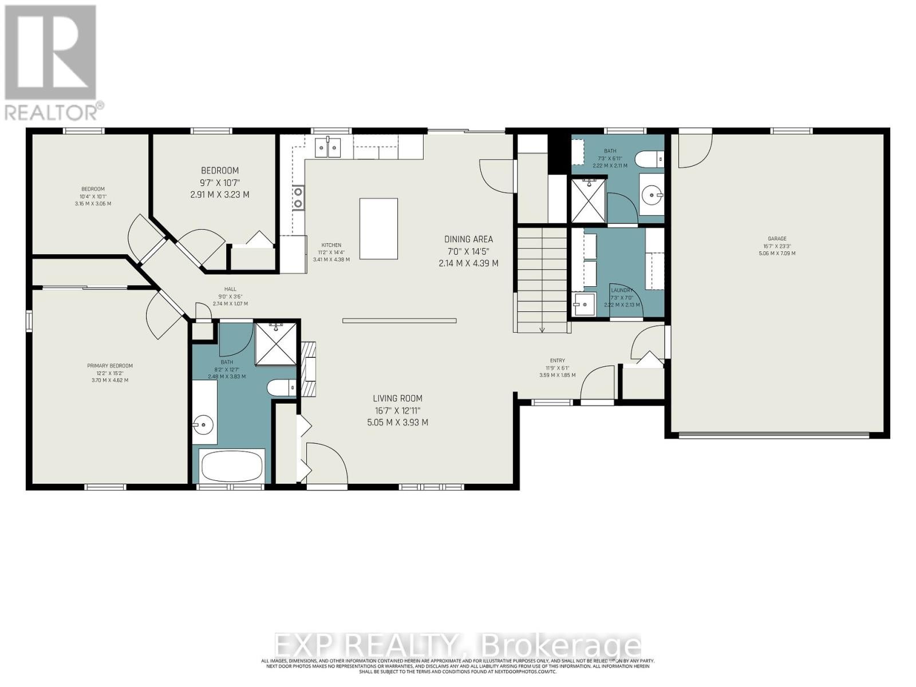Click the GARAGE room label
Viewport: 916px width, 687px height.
pos(777,239)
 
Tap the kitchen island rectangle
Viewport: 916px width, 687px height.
pos(378,228)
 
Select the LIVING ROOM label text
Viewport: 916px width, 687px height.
pos(397,398)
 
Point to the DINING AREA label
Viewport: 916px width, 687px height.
pos(468,239)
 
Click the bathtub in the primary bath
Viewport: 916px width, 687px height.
pos(232,466)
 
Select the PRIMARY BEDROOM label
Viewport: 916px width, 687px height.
pos(110,366)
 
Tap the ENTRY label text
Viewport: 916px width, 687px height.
pos(557,361)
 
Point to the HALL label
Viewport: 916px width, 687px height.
pos(230,289)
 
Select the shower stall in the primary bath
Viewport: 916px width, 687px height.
pos(276,343)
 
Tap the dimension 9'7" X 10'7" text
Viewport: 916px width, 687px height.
pos(219,183)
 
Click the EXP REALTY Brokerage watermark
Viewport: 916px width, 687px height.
pos(458,646)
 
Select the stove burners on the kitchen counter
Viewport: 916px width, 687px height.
pos(298,198)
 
